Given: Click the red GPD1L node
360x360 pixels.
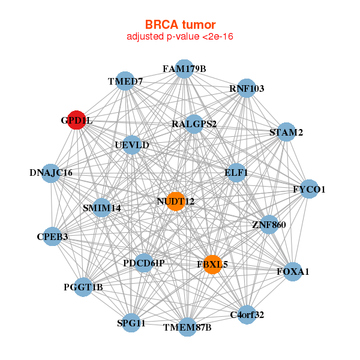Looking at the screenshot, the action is tap(76, 120).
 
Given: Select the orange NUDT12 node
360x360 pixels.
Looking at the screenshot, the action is tap(175, 201).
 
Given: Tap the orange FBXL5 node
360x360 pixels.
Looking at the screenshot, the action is tap(212, 264).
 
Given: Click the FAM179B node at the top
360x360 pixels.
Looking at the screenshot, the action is tap(184, 69).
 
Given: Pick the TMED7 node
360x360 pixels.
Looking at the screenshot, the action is tap(125, 81).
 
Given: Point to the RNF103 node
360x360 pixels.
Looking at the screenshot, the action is tap(247, 89).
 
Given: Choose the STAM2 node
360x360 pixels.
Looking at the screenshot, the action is tap(286, 132).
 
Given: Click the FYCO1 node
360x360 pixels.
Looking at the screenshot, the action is tap(309, 190).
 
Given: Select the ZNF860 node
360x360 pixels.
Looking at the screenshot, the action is tap(269, 225).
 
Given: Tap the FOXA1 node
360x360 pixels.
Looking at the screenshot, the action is tap(293, 272).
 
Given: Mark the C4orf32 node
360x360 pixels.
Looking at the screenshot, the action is tap(247, 314).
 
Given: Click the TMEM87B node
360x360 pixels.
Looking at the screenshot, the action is tap(187, 327).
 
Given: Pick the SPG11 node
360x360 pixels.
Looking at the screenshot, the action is tap(131, 323).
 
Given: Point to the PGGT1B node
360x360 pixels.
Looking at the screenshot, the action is tap(83, 287).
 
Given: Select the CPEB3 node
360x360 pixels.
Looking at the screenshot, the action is tap(53, 236).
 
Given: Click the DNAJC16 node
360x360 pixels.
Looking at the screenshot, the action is tap(51, 173).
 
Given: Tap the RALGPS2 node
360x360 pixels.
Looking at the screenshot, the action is tap(194, 124).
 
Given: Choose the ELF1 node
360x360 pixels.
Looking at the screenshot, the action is tap(236, 172).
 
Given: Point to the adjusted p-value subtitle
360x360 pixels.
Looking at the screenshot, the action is tap(180, 37).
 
